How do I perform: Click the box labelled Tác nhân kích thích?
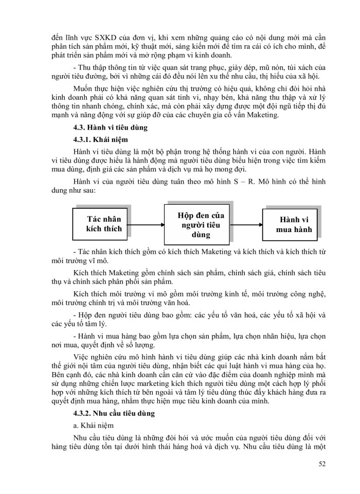coord(105,224)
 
